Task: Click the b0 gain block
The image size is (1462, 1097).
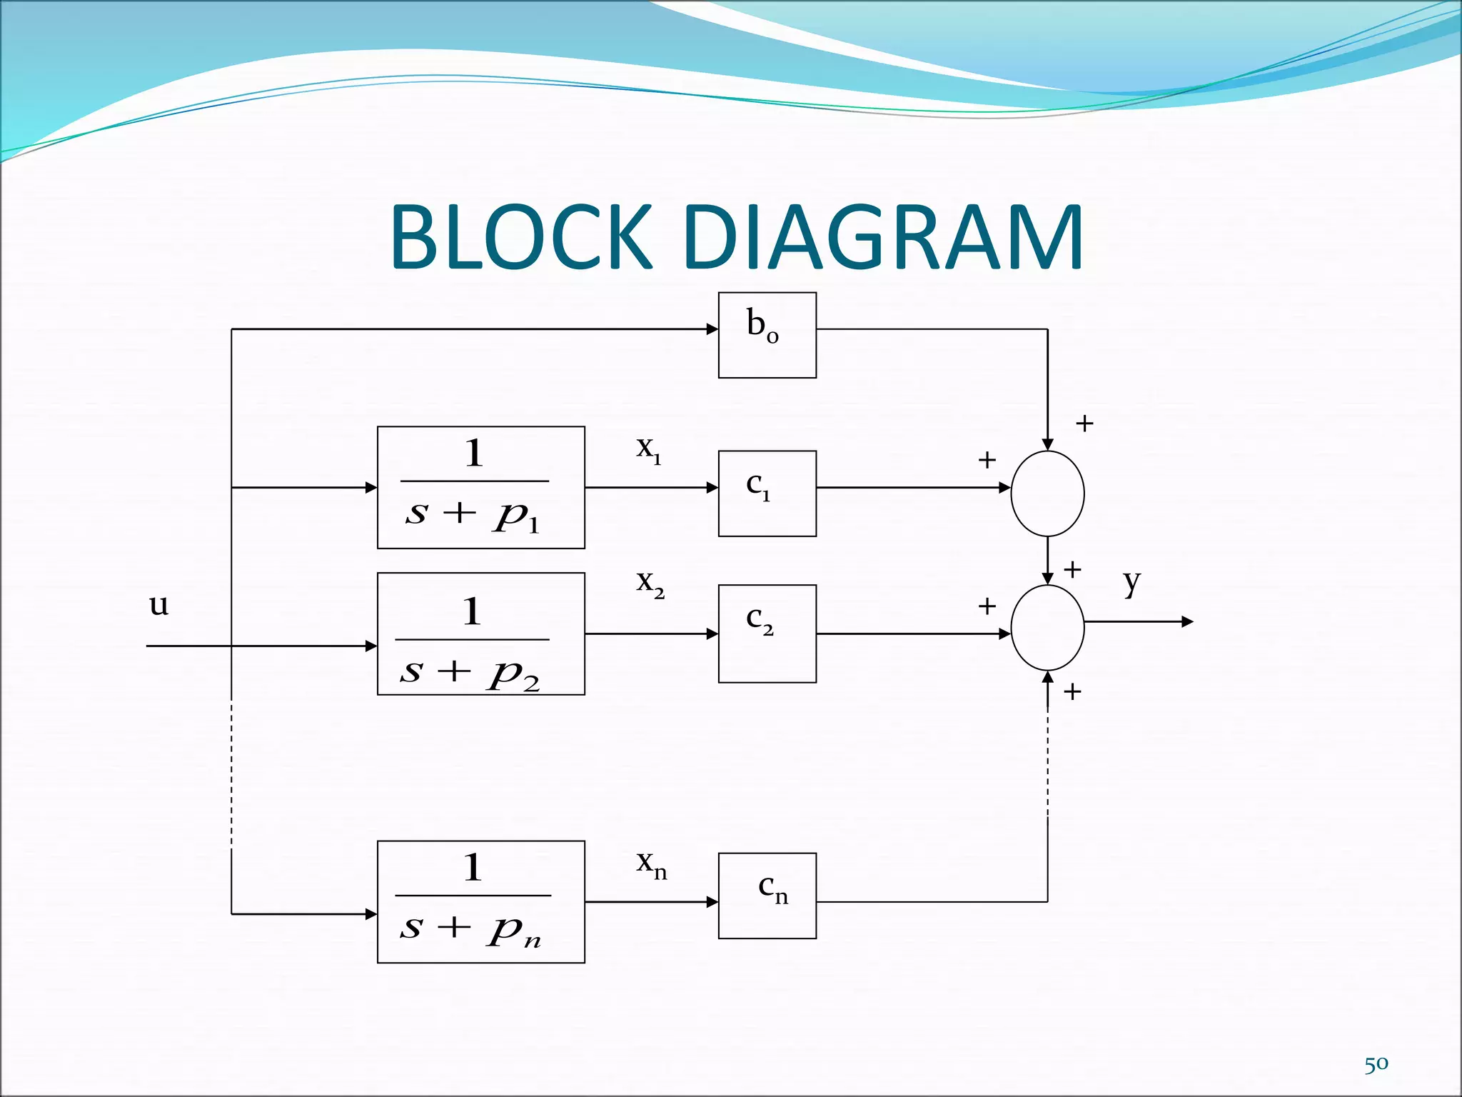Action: point(767,335)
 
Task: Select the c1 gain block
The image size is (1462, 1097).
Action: point(767,493)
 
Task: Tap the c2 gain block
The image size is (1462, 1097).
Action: point(767,633)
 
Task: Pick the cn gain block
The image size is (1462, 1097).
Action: point(767,895)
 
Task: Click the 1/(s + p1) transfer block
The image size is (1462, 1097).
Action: point(480,488)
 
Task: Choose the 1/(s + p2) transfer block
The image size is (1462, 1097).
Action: point(480,633)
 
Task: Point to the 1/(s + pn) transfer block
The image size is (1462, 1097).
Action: point(480,901)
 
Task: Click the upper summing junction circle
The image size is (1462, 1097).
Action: point(1047,493)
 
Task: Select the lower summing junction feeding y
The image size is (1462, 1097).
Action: point(1047,628)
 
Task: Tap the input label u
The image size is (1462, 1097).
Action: point(158,604)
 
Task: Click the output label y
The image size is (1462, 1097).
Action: point(1131,582)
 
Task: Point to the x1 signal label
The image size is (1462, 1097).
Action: point(648,449)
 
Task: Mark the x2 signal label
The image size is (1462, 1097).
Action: point(650,583)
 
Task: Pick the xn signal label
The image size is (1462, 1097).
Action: point(651,863)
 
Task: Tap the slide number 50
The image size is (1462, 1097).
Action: point(1376,1064)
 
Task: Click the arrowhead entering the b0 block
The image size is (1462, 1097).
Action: point(712,329)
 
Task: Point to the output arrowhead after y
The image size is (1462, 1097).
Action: point(1187,622)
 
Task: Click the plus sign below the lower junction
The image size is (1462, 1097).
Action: point(1072,691)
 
